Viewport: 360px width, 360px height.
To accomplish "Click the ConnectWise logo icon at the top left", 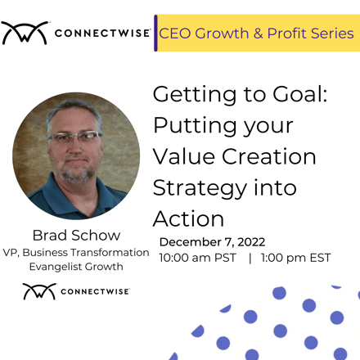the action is click(x=25, y=34).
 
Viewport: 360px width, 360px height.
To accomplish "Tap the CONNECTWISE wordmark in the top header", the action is click(x=102, y=34).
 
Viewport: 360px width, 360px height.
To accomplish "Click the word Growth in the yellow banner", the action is click(x=222, y=34).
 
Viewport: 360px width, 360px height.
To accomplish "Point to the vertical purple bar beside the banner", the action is click(x=155, y=33).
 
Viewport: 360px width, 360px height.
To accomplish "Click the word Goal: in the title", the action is click(x=300, y=94).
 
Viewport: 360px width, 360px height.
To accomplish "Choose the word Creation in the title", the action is click(x=269, y=156).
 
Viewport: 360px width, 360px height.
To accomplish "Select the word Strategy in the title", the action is click(x=200, y=189).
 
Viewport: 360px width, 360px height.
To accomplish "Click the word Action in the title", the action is click(x=188, y=218).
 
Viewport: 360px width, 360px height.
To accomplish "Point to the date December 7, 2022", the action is click(x=212, y=242).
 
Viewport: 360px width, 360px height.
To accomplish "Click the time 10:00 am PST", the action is click(x=198, y=258).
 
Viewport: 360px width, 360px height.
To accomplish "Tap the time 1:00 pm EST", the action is click(x=295, y=258).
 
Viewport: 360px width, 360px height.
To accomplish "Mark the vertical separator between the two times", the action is click(x=250, y=258).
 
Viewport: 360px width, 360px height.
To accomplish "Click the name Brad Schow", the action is click(x=76, y=235).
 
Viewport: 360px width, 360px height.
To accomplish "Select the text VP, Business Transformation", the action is click(x=76, y=253).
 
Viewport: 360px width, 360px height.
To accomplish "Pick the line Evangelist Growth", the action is click(x=76, y=267).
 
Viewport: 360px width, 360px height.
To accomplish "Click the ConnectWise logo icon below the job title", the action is click(x=39, y=291).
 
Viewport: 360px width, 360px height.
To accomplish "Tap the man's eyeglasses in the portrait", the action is click(x=75, y=137).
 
